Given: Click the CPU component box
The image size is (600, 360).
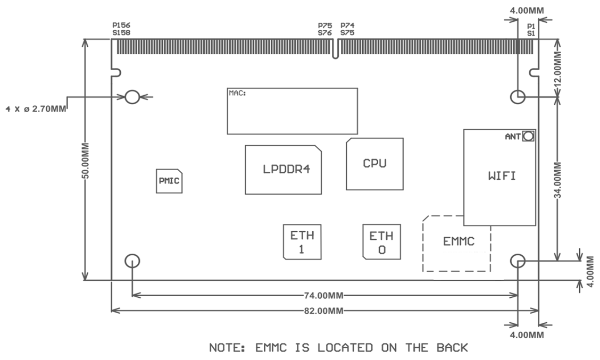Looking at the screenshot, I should click(374, 164).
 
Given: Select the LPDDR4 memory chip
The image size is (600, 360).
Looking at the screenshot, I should click(284, 170).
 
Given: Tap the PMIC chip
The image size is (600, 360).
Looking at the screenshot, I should click(169, 181).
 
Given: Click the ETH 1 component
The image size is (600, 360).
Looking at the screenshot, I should click(302, 241).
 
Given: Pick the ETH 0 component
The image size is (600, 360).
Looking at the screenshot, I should click(381, 241).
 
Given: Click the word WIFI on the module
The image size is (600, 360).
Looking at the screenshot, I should click(502, 175).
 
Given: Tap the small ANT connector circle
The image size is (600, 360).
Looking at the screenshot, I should click(528, 136).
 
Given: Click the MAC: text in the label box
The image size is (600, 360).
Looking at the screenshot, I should click(237, 93).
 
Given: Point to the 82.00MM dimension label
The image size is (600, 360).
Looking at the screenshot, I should click(324, 311).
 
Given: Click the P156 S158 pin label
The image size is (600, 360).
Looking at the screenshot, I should click(121, 29).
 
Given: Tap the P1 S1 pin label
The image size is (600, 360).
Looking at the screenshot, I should click(530, 29).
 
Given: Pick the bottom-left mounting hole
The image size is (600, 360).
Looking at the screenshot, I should click(132, 261).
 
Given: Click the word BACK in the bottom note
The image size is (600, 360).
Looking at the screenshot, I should click(452, 348).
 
